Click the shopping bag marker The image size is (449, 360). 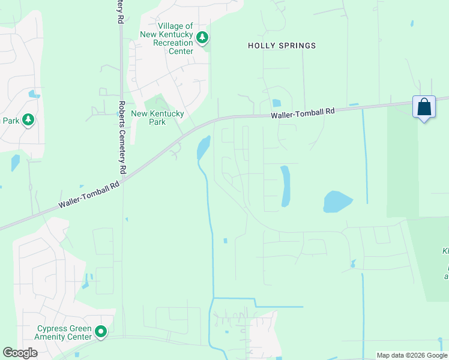tap(424, 107)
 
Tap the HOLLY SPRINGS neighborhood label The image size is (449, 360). tap(282, 46)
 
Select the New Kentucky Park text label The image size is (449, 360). tap(148, 118)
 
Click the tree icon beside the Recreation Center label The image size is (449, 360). tap(202, 38)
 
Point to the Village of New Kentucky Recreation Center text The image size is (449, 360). tap(175, 38)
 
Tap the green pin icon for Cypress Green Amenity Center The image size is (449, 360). tap(101, 331)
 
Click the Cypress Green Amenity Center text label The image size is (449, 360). tap(64, 332)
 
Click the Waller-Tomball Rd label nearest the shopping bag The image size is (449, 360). tap(302, 113)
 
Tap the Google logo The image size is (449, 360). tap(20, 353)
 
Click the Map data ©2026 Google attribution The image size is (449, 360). tap(411, 355)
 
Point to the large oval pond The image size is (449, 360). tap(338, 202)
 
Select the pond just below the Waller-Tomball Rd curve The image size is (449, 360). tap(203, 148)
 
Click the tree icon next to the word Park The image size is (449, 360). tap(28, 121)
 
